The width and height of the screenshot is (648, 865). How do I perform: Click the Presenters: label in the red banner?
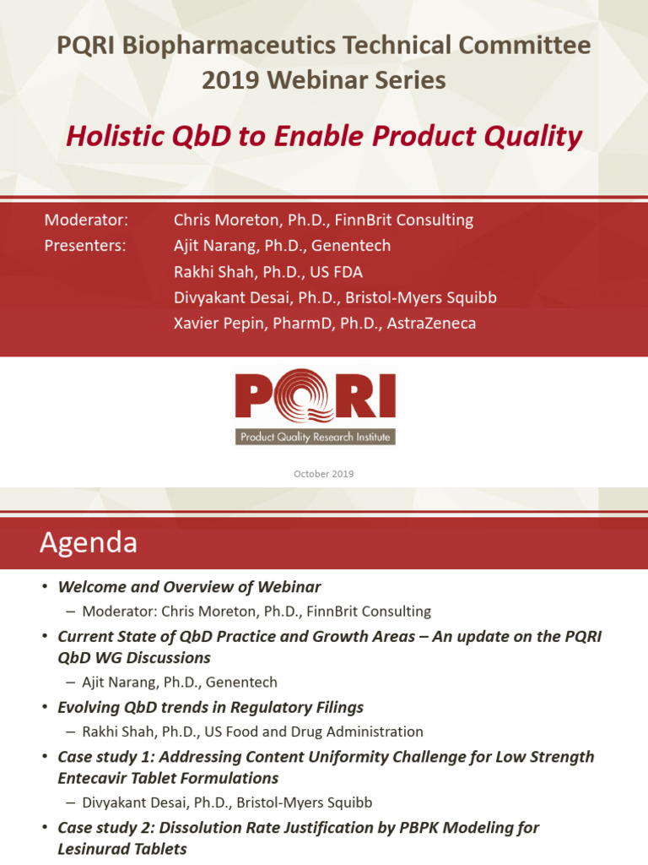(85, 246)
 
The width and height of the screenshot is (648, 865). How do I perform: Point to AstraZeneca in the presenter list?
(431, 323)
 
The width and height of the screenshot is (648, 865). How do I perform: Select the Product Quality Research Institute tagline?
(315, 437)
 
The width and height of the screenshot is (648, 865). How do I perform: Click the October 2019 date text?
(323, 474)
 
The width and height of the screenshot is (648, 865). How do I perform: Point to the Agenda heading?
(89, 542)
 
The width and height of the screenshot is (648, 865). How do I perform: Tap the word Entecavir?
(94, 778)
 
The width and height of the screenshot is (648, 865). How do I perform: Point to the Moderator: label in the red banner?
(86, 220)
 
